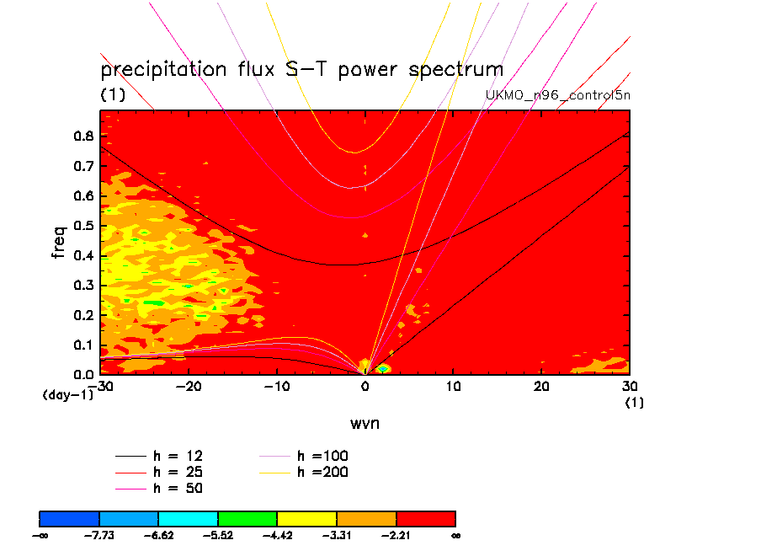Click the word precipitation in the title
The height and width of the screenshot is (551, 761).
[163, 70]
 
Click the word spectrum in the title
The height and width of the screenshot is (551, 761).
[455, 70]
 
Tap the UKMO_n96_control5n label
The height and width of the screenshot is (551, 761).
[557, 95]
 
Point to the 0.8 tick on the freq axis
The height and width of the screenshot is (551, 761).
[83, 136]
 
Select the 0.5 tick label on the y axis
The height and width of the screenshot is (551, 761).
[83, 226]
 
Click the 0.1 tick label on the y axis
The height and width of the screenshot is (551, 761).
[83, 345]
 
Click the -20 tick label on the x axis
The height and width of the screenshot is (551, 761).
[189, 386]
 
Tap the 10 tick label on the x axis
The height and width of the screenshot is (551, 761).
[453, 386]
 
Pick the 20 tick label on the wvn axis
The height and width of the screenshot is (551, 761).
[541, 386]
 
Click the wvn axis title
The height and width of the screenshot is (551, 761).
[365, 424]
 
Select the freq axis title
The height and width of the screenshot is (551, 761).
[58, 242]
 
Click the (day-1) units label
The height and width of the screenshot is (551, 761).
[68, 395]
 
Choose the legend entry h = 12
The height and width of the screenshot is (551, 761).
[159, 456]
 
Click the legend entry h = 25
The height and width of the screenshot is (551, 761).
[159, 472]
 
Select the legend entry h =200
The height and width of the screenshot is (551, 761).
[303, 472]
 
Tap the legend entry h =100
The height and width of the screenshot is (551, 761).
[303, 456]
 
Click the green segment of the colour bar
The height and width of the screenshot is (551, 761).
[247, 519]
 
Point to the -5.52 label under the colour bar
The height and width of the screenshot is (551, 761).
[218, 536]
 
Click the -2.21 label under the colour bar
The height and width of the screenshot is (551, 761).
[396, 536]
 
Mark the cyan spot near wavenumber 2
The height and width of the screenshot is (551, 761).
[383, 369]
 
